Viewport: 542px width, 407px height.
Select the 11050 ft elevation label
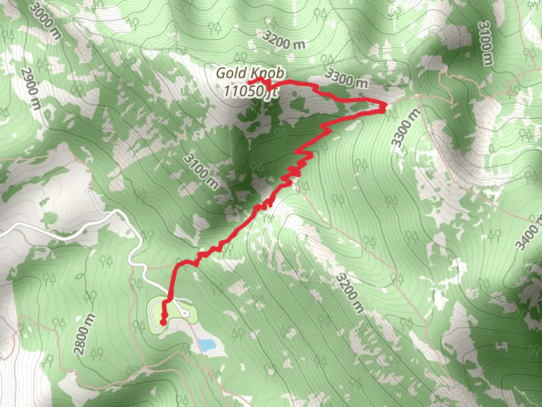[251, 91]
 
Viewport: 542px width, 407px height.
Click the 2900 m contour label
[31, 89]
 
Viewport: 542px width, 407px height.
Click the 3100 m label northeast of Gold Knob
[485, 43]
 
